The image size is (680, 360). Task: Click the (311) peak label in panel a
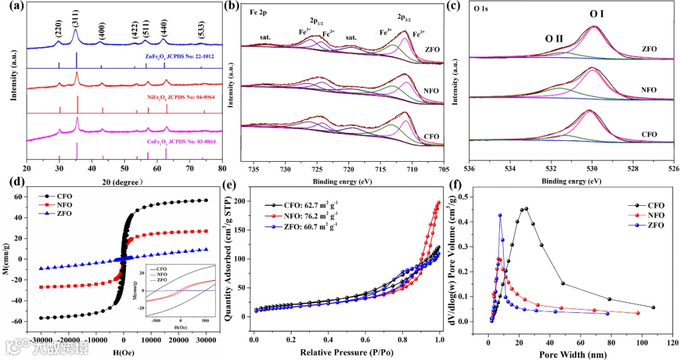(x=76, y=16)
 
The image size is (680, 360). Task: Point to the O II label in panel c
(x=554, y=38)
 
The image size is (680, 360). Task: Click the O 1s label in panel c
(x=482, y=11)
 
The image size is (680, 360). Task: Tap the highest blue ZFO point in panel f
(x=500, y=216)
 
